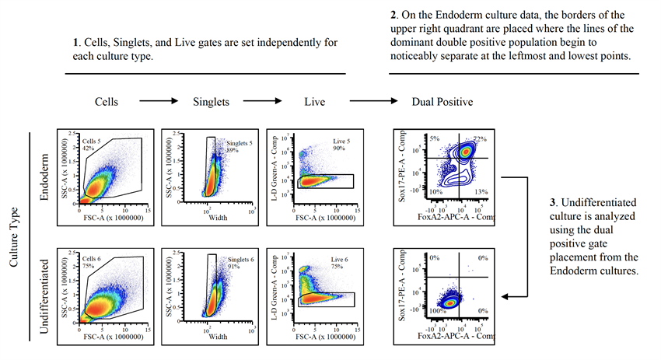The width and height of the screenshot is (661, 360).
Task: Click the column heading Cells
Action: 107,102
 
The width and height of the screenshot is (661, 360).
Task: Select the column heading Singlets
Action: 210,102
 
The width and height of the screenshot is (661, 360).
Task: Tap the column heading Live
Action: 314,102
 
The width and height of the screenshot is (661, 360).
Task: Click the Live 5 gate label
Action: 333,141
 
